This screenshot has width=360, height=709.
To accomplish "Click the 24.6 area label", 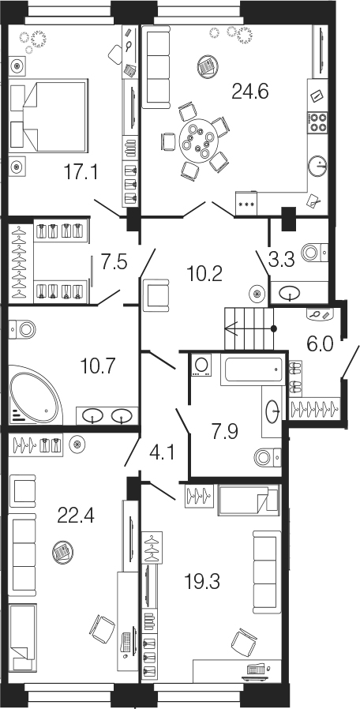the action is [x=250, y=92].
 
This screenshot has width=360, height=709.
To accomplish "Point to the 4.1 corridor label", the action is [x=160, y=452].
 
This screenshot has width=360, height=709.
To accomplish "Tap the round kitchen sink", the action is [x=318, y=166].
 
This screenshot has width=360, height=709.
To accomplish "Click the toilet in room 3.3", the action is [x=314, y=252].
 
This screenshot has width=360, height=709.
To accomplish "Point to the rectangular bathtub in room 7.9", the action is [x=253, y=370].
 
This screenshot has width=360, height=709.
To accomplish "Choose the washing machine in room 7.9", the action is [x=201, y=366].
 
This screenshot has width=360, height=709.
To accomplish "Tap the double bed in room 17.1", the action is [x=48, y=114].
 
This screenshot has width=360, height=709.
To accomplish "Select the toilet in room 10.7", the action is [x=23, y=328].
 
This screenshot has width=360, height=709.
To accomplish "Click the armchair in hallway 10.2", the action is [x=156, y=294].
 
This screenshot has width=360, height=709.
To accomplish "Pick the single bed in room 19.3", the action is [x=249, y=500].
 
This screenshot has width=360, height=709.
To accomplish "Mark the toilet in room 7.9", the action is [x=268, y=458].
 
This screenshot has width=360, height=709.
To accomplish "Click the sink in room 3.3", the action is [x=289, y=294].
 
